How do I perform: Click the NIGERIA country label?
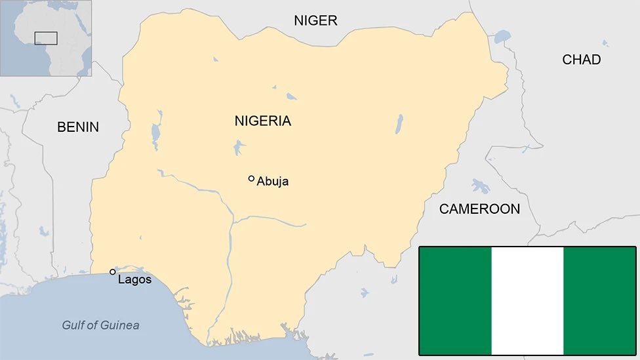coord(262,121)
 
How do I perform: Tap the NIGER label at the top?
coord(315,20)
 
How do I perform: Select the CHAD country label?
coord(581,60)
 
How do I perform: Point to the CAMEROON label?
coord(479,209)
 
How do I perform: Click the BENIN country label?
coord(78,127)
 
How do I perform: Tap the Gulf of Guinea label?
coord(100,325)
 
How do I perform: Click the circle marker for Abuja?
coord(251,178)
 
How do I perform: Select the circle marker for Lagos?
coord(113,271)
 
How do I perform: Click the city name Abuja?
coord(273,182)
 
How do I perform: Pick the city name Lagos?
coord(134,280)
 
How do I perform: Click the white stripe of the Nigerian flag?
coord(527,300)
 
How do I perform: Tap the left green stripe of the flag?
coord(455,300)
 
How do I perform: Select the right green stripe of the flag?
coord(599,300)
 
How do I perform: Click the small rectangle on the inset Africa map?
coord(46,38)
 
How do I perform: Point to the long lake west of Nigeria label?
coord(155,134)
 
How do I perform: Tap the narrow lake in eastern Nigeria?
coord(399,123)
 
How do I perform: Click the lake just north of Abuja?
coord(239,147)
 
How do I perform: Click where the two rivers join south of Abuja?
coord(232,220)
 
